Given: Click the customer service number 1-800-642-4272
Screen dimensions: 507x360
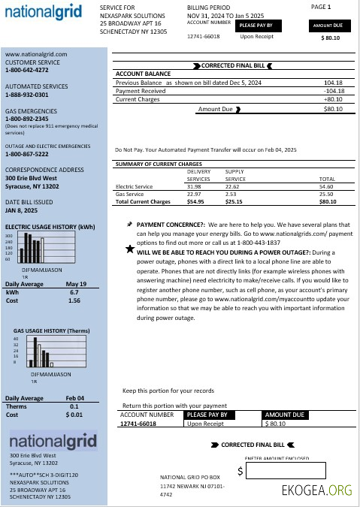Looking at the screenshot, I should (x=27, y=70).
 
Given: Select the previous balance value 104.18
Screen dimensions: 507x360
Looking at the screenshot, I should (x=333, y=82).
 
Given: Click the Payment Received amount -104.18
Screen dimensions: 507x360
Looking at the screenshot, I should (x=332, y=91).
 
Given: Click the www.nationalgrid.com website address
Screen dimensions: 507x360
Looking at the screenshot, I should (x=36, y=55).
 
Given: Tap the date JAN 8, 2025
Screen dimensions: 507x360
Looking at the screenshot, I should (x=22, y=211).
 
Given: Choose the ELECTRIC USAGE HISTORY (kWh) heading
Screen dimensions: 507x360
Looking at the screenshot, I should (x=50, y=226).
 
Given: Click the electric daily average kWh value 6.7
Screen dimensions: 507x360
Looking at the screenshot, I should (x=74, y=292).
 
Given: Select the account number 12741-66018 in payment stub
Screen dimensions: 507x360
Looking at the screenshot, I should (x=138, y=424).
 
